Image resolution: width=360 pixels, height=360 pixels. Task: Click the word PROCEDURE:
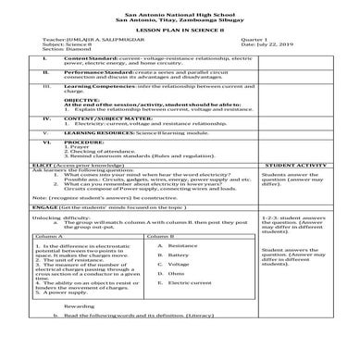[x=81, y=142]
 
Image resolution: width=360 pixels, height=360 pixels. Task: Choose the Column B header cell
[x=162, y=238]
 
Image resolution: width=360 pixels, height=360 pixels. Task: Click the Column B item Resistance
[x=183, y=246]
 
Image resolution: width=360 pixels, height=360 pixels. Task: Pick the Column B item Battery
[x=179, y=256]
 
